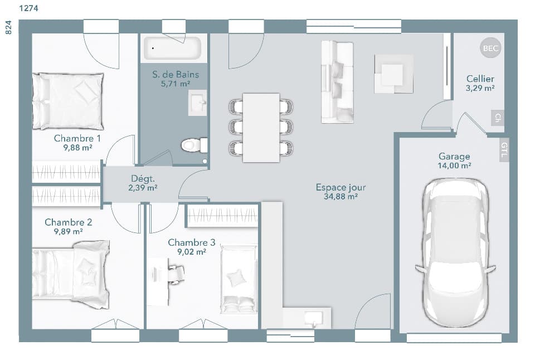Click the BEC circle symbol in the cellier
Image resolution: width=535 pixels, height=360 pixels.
[490, 48]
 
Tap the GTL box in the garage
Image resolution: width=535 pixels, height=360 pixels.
[504, 150]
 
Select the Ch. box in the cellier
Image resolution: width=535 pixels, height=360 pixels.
[497, 118]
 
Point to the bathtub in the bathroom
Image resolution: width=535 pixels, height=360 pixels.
[172, 48]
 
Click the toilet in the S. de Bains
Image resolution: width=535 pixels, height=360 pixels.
[193, 145]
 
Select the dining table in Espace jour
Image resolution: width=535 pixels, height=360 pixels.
[261, 127]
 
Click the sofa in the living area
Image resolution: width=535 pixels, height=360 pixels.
[338, 82]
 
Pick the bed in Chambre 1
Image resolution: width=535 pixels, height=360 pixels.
[68, 101]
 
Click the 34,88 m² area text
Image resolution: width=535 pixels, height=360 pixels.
[341, 197]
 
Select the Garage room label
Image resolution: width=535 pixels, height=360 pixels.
[454, 157]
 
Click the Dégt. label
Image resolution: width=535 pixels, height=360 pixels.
[143, 179]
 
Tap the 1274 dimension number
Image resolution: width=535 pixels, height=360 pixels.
[29, 8]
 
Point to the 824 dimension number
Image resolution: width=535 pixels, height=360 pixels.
[8, 28]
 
